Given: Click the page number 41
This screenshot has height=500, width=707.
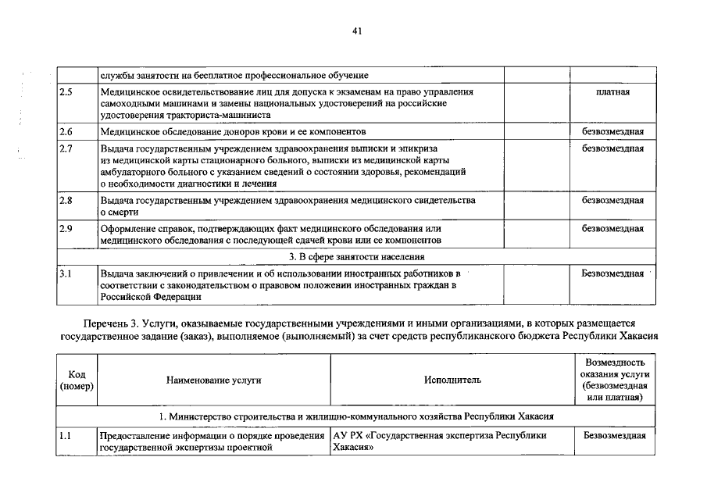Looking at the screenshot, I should point(357,31).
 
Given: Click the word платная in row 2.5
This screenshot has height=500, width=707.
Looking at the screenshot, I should point(613,92).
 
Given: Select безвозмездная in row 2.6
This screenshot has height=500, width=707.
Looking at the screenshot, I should point(613,132).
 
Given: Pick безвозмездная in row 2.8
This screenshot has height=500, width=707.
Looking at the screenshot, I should point(613,201).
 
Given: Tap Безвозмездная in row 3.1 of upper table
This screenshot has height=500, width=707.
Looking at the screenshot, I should point(613,274).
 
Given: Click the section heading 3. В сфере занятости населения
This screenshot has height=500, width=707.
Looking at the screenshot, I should point(357,256).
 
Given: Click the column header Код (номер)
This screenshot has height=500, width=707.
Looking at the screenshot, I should point(77,380).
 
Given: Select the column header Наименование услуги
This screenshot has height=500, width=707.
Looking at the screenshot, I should point(213,380).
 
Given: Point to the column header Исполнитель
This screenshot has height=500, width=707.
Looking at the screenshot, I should point(452,380).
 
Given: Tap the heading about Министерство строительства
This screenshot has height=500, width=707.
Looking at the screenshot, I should point(357,416).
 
